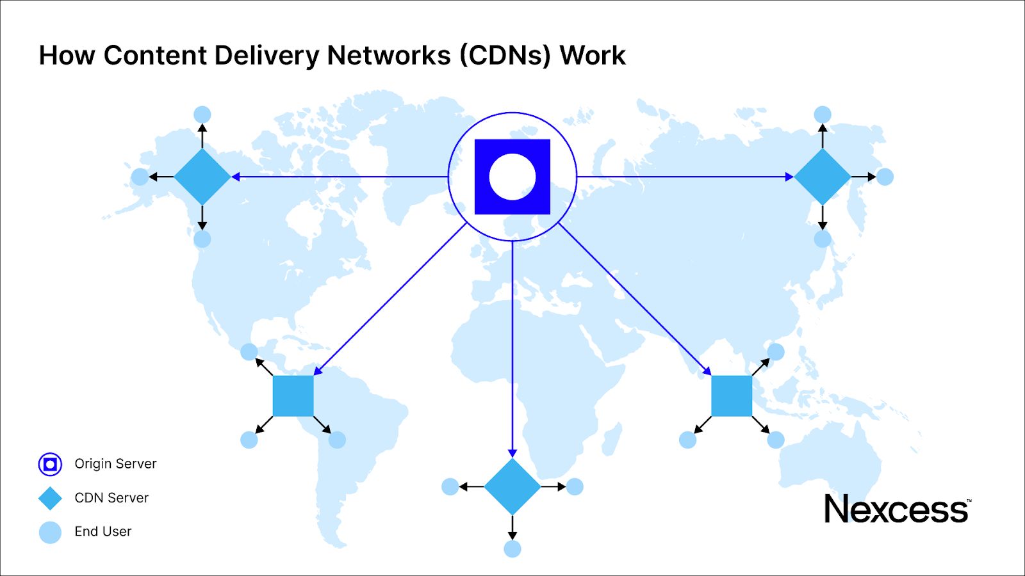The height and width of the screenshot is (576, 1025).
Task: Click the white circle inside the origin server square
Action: pyautogui.click(x=512, y=177)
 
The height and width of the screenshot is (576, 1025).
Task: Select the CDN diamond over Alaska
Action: pyautogui.click(x=202, y=177)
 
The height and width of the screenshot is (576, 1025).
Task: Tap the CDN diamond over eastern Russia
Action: pyautogui.click(x=823, y=177)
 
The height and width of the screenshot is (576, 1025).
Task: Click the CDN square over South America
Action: pyautogui.click(x=293, y=396)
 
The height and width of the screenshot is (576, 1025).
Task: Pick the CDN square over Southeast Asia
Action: pyautogui.click(x=732, y=396)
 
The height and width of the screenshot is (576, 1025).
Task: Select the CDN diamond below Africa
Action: pyautogui.click(x=512, y=486)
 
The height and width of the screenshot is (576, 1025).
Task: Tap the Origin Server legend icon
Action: pyautogui.click(x=50, y=464)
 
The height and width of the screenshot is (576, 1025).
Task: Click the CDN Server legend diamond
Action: pyautogui.click(x=50, y=498)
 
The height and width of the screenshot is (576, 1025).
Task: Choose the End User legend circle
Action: pyautogui.click(x=50, y=532)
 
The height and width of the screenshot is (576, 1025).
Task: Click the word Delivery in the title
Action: pyautogui.click(x=266, y=56)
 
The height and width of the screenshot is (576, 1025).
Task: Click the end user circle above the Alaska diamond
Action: pyautogui.click(x=202, y=115)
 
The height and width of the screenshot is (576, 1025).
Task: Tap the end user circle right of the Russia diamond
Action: pyautogui.click(x=885, y=177)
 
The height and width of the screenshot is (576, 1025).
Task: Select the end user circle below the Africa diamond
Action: pyautogui.click(x=512, y=548)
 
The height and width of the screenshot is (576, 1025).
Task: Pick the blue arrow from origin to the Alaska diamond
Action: pyautogui.click(x=340, y=177)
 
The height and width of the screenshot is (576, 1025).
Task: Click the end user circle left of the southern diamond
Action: pyautogui.click(x=450, y=486)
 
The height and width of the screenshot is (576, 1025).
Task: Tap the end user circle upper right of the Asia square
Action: pyautogui.click(x=776, y=351)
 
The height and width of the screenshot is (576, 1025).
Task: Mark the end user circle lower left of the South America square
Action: pyautogui.click(x=249, y=440)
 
